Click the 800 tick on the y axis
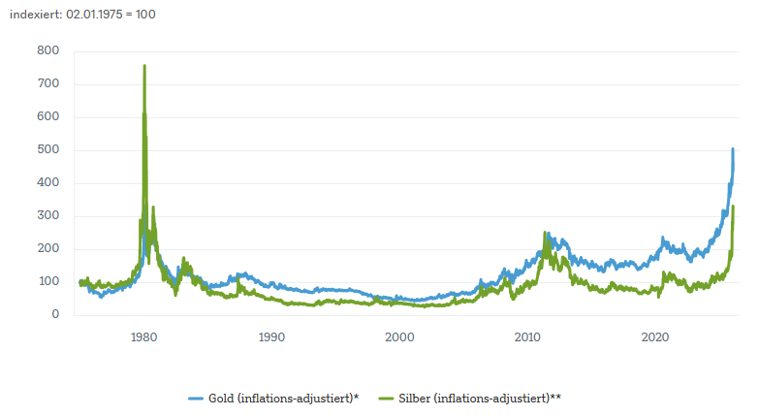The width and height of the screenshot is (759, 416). [x=48, y=51]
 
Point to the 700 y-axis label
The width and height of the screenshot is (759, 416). [x=48, y=84]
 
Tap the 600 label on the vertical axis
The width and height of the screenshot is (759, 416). [x=48, y=117]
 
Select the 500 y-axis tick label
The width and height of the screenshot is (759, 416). [x=48, y=150]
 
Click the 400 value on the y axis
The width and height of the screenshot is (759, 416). [x=48, y=183]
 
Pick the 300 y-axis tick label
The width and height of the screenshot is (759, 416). [x=48, y=216]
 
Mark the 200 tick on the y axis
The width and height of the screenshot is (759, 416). [x=48, y=249]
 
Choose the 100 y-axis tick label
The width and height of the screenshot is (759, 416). [x=48, y=282]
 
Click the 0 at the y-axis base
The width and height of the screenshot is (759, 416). [x=55, y=315]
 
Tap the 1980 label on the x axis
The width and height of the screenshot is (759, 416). [x=144, y=337]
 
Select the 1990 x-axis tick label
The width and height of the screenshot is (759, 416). [x=272, y=337]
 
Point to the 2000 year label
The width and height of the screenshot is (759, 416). [x=400, y=337]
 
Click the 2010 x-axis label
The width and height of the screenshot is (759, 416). [x=528, y=337]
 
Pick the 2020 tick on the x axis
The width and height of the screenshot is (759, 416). [x=656, y=337]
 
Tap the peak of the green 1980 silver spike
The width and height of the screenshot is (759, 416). [x=144, y=66]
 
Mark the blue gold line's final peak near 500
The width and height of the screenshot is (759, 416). [x=733, y=149]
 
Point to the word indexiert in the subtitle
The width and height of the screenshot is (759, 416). [x=33, y=16]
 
